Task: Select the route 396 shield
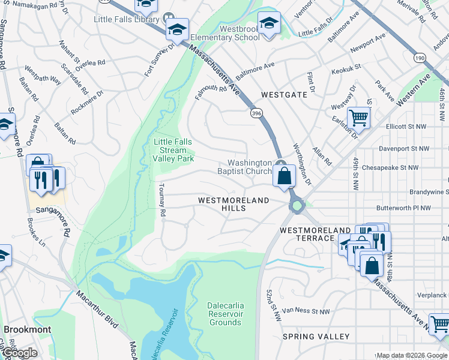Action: point(256,113)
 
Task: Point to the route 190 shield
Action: point(418,58)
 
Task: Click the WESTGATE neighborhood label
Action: point(284,95)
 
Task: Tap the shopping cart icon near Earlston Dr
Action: point(358,118)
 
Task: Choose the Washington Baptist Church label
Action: point(250,167)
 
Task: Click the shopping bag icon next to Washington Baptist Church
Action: point(285,176)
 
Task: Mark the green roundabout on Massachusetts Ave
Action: point(297,207)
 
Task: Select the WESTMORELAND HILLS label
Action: point(233,203)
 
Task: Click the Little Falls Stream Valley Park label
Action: point(173,151)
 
